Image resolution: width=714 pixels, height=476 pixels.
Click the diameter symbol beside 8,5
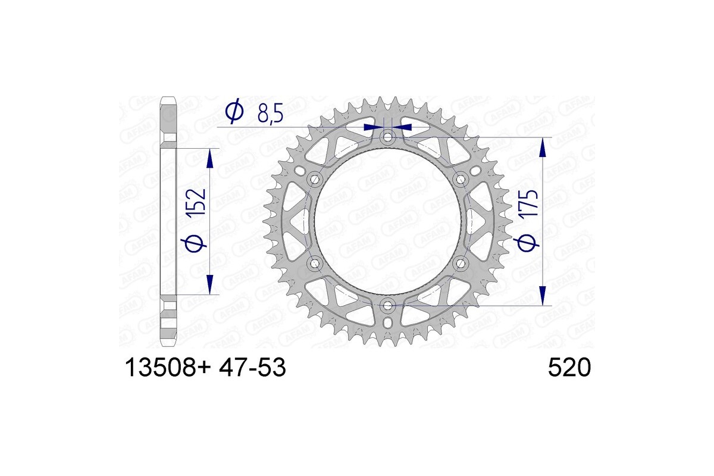click(234, 111)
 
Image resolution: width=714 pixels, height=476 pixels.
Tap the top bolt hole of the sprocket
click(388, 137)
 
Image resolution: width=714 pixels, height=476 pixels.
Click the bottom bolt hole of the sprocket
click(388, 305)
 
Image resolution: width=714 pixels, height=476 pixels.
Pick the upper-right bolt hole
click(461, 179)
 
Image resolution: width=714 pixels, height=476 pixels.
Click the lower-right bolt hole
click(461, 263)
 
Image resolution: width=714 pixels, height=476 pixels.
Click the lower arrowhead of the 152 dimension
click(209, 284)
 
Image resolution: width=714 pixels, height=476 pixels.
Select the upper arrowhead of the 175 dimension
click(542, 146)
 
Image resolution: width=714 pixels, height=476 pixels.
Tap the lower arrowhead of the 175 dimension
click(542, 296)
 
